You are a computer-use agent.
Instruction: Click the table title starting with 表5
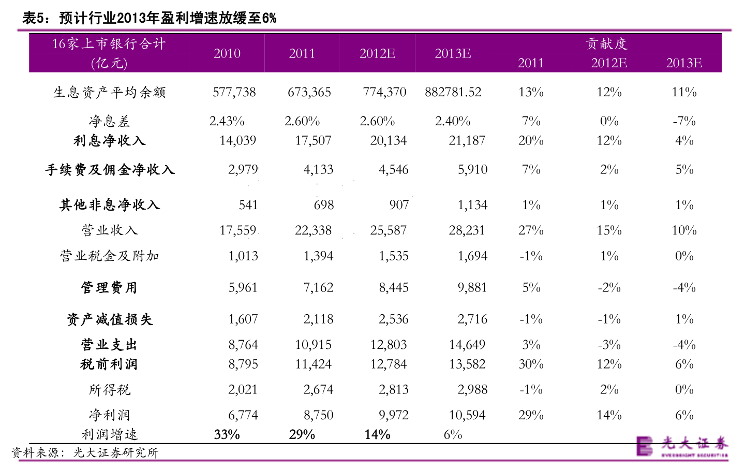(x=149, y=18)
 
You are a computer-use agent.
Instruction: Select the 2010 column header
(x=227, y=53)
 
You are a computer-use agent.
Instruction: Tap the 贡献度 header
(x=606, y=44)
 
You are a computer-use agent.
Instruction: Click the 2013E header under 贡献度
(x=683, y=63)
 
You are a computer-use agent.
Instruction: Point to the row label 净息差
(x=109, y=122)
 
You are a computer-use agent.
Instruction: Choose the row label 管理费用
(x=109, y=288)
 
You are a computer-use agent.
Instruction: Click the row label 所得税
(x=109, y=390)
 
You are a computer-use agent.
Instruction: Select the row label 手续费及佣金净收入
(x=109, y=170)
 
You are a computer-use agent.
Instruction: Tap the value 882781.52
(x=453, y=93)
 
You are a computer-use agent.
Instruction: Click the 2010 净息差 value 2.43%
(x=227, y=122)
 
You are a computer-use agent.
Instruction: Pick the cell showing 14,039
(x=237, y=141)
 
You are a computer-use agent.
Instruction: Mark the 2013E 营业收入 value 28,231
(x=467, y=230)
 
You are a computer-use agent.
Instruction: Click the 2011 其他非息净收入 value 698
(x=323, y=205)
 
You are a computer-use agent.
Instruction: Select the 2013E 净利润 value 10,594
(x=467, y=415)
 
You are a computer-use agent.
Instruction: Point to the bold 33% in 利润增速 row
(x=227, y=435)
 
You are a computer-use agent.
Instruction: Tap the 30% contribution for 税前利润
(x=531, y=364)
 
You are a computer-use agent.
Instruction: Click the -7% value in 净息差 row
(x=683, y=122)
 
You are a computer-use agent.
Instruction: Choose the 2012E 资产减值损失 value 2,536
(x=393, y=319)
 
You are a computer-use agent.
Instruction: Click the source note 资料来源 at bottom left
(x=85, y=453)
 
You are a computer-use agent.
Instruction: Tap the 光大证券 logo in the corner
(x=681, y=446)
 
